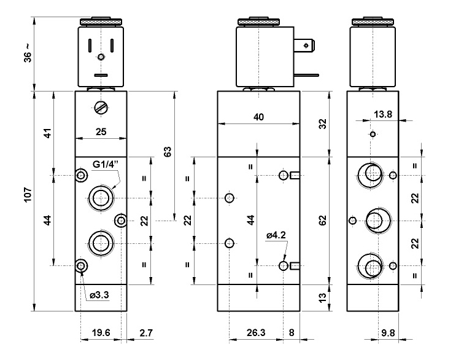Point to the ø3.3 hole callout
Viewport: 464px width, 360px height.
coord(99,296)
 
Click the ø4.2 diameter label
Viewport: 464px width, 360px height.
coord(277,235)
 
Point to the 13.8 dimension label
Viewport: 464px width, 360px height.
coord(382,115)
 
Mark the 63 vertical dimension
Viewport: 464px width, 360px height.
coord(167,151)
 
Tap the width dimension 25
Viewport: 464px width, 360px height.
coord(101,130)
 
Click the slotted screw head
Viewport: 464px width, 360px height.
coord(101,108)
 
